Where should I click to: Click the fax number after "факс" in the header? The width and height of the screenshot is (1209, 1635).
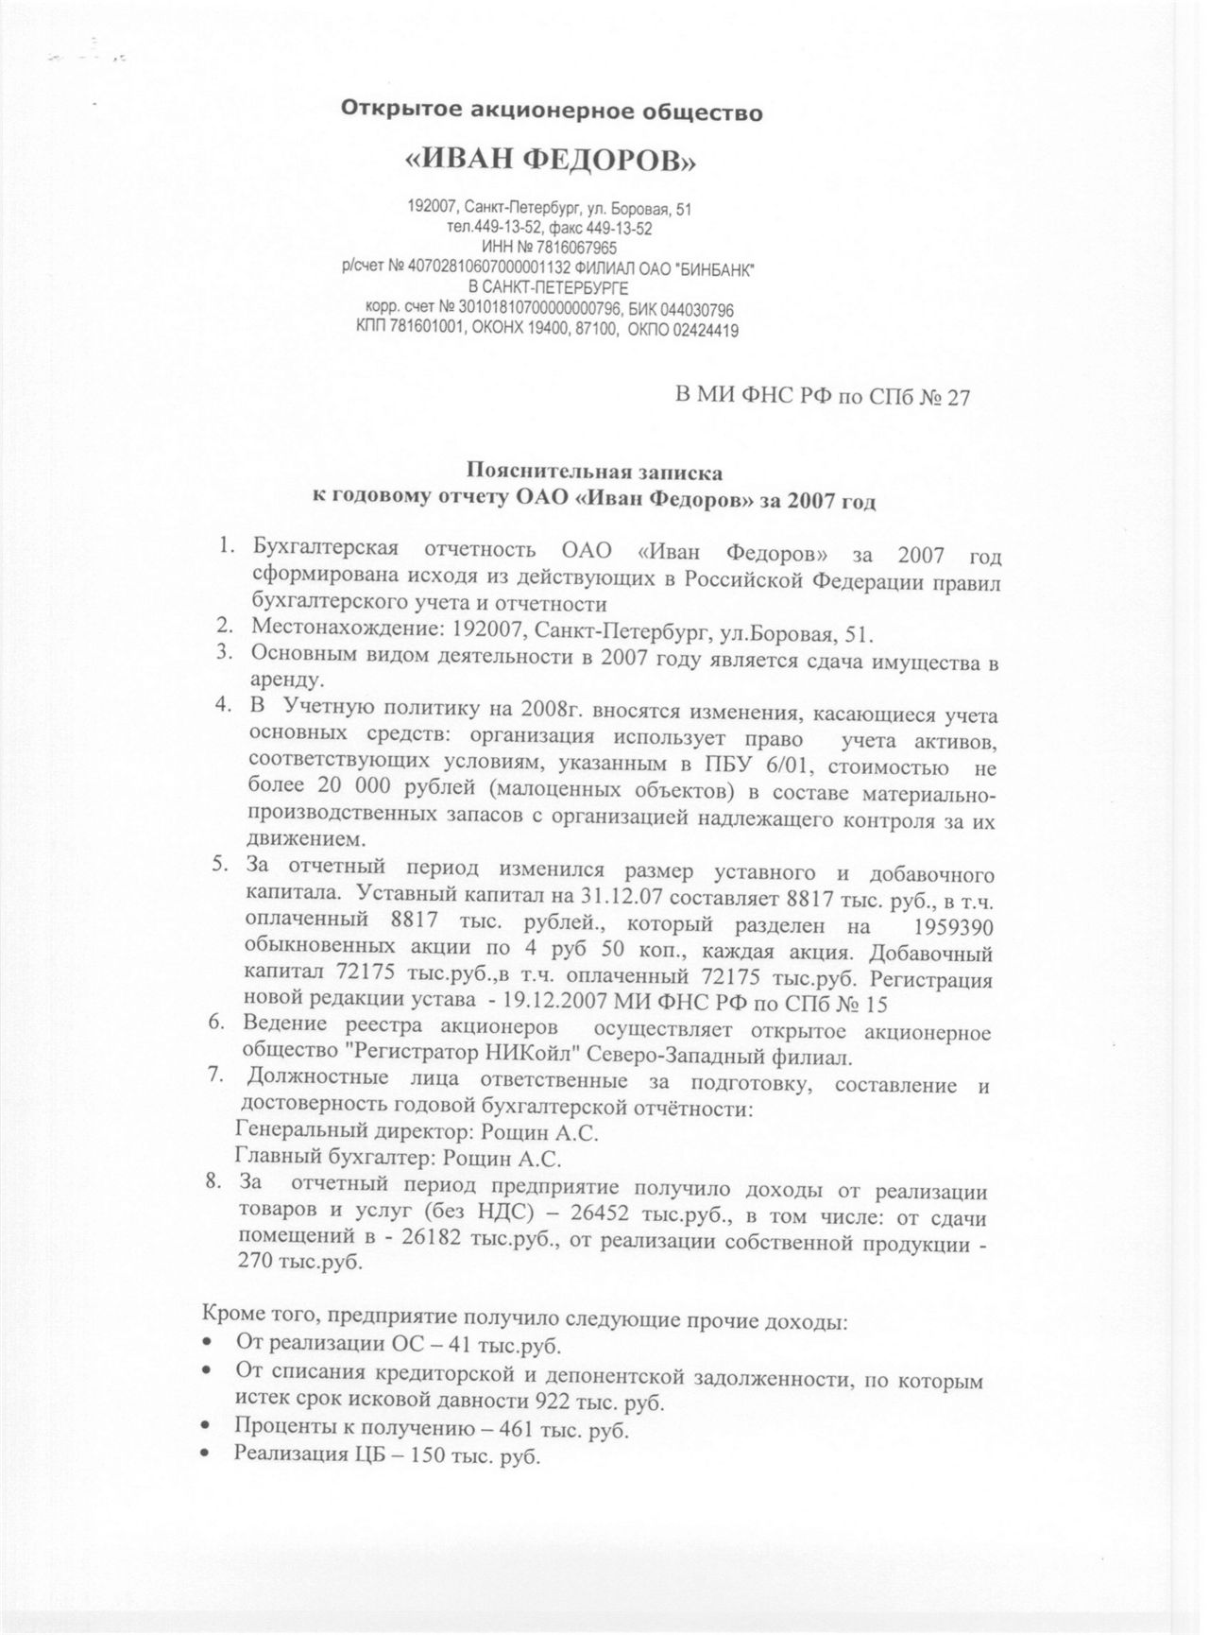pos(620,229)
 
